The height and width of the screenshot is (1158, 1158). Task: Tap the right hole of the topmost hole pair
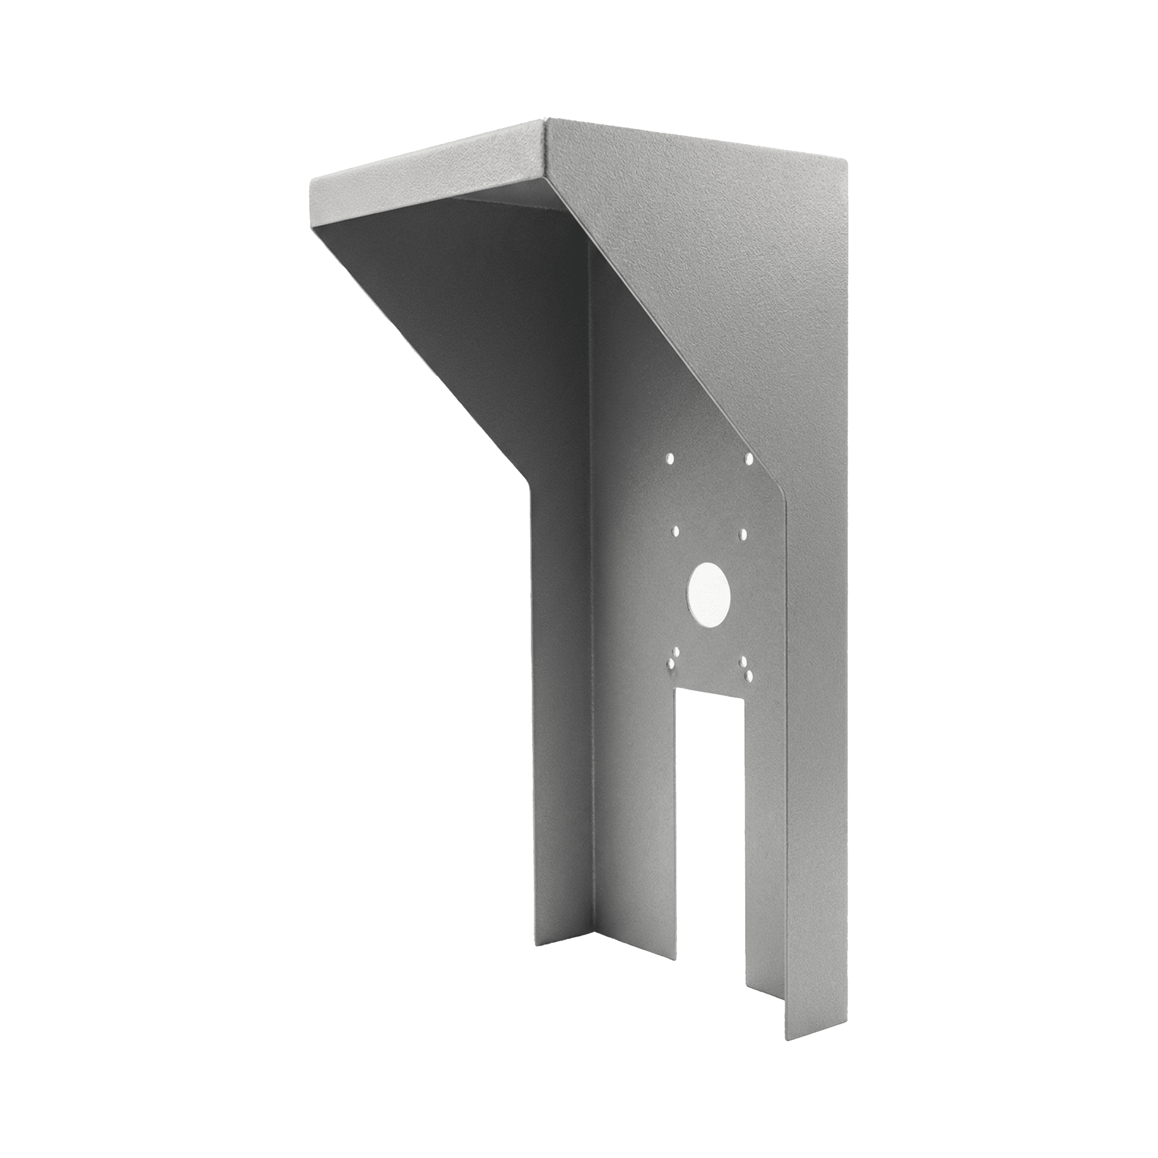pos(749,459)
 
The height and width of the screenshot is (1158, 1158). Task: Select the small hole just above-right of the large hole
pos(742,532)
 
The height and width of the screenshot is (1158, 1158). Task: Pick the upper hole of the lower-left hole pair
pos(676,650)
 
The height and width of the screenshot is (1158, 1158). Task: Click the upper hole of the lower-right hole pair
pos(743,661)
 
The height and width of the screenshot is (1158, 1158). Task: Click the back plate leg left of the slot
pos(635,839)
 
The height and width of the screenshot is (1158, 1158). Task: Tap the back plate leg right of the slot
pos(765,839)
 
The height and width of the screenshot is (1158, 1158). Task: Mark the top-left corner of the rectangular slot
pos(677,689)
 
